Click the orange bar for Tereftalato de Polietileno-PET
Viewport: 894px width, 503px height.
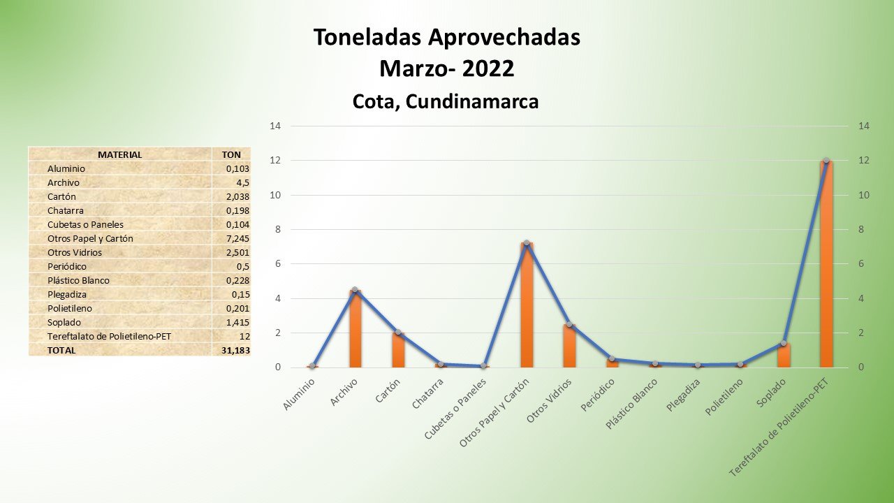click(826, 265)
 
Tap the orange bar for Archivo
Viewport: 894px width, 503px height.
click(355, 329)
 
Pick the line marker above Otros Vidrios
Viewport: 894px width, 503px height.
click(569, 324)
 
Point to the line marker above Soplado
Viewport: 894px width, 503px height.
click(784, 343)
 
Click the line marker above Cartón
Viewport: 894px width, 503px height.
click(398, 332)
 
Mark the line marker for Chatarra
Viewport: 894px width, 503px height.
click(441, 364)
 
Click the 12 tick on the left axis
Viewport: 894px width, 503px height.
click(276, 161)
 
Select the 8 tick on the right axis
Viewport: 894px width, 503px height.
click(864, 229)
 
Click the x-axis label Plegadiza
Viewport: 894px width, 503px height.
click(683, 395)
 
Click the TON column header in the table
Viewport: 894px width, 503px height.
click(231, 154)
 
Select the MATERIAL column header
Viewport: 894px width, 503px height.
click(119, 154)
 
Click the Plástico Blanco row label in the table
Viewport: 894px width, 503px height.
click(78, 280)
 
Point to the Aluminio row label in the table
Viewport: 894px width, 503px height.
click(66, 168)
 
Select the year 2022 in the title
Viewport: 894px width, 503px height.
click(488, 68)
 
